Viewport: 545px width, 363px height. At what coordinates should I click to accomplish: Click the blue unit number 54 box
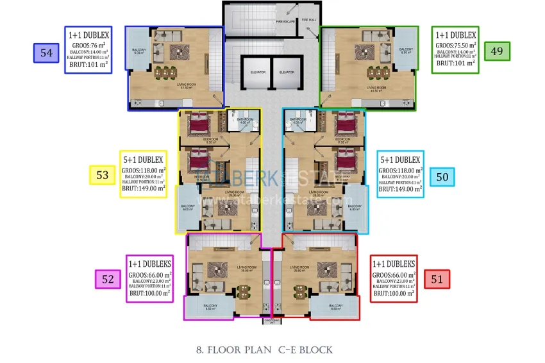pyautogui.click(x=46, y=53)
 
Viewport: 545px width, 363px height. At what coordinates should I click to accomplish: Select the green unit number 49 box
pyautogui.click(x=497, y=51)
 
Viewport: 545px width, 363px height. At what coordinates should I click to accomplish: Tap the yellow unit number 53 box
pyautogui.click(x=101, y=175)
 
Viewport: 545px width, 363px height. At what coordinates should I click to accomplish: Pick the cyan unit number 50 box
pyautogui.click(x=442, y=176)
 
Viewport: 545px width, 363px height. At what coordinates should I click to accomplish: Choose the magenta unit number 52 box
pyautogui.click(x=108, y=279)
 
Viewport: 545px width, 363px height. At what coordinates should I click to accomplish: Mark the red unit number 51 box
pyautogui.click(x=437, y=278)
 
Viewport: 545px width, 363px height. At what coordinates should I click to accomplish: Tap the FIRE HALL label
pyautogui.click(x=309, y=20)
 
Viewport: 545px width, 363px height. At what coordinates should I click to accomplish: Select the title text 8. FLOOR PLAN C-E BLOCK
pyautogui.click(x=264, y=350)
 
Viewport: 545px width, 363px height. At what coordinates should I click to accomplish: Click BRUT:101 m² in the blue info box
pyautogui.click(x=88, y=63)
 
